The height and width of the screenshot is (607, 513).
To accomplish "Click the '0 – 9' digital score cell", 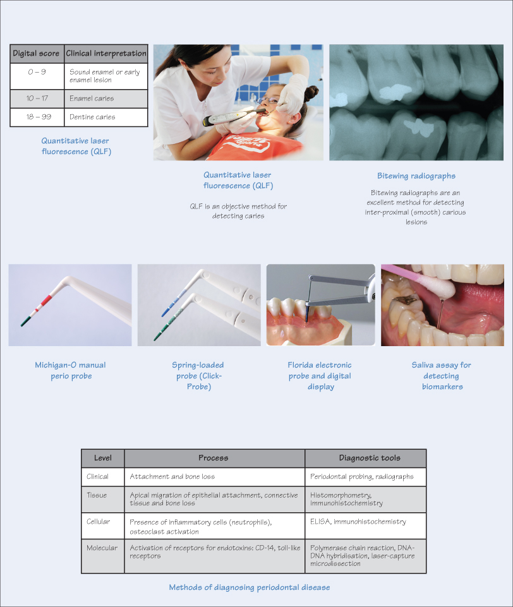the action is pos(37,76).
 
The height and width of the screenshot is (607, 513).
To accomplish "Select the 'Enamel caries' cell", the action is pos(106,99).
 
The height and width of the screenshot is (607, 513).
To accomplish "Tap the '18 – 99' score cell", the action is pos(37,117).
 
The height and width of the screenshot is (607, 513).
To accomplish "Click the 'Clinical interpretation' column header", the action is pos(106,54).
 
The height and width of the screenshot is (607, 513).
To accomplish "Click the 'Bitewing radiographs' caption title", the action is pos(416,176).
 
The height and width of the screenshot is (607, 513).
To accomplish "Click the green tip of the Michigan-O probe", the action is pos(25,321).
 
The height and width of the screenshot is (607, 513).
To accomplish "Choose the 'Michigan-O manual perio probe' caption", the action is pos(71,371).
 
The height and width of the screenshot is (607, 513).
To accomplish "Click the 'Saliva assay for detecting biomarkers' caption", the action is pos(442,376).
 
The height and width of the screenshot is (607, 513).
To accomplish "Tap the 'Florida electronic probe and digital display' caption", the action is pos(320,376).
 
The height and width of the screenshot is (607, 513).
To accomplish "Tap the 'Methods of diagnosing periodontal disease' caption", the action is pos(250,587).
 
